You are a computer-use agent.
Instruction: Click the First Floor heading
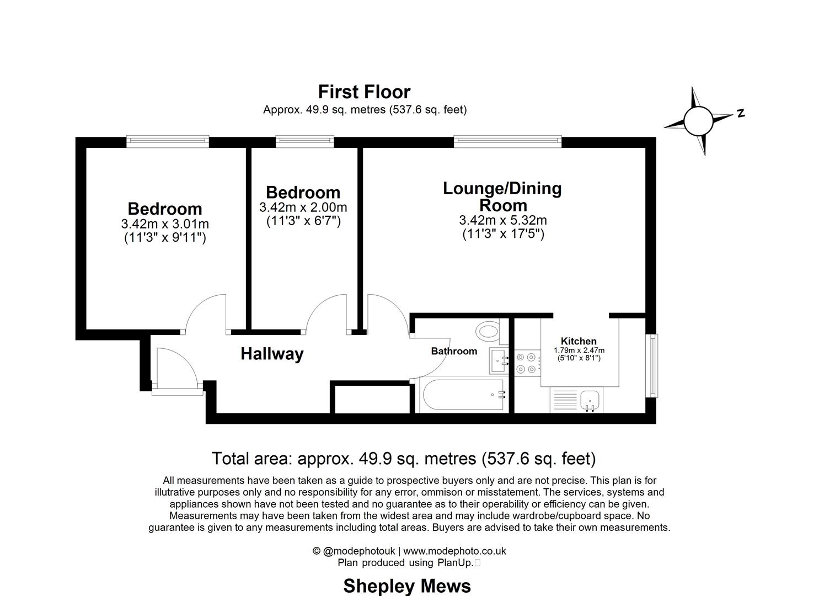(x=364, y=92)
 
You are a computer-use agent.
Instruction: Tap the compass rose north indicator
(x=699, y=120)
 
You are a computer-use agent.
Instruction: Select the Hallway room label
(x=272, y=354)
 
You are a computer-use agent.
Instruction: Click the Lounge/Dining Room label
(x=502, y=196)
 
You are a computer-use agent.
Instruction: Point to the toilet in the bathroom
(x=488, y=332)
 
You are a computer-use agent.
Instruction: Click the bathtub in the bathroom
(x=462, y=395)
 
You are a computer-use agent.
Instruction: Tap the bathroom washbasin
(x=499, y=359)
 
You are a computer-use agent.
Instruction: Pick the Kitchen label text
(x=579, y=341)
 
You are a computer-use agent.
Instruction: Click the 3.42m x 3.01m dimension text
(x=165, y=224)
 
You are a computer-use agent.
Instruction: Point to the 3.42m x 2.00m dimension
(x=303, y=207)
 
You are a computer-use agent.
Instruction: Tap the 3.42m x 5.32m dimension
(x=502, y=220)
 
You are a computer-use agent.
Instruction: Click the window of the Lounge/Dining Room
(x=507, y=142)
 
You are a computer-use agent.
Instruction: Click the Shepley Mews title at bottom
(x=407, y=586)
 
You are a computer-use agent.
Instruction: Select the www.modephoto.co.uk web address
(x=454, y=551)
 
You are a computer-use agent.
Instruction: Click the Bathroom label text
(x=454, y=351)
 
